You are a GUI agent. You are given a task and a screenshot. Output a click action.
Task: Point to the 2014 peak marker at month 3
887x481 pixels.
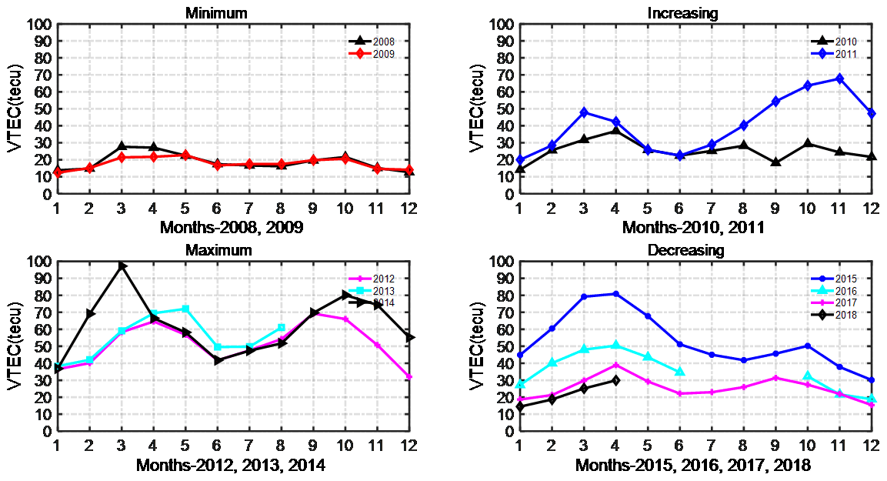pos(122,266)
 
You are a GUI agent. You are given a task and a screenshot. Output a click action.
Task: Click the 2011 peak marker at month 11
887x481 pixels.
pos(839,78)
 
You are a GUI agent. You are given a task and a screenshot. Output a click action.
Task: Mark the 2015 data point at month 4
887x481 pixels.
pos(615,294)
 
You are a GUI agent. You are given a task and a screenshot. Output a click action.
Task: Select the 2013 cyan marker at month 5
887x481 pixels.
pos(185,309)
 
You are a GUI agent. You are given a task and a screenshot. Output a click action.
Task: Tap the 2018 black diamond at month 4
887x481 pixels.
pos(615,380)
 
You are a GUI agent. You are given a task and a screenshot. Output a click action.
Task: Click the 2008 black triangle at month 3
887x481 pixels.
pos(122,146)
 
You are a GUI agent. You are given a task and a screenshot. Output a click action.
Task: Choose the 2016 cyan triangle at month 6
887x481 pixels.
pos(679,372)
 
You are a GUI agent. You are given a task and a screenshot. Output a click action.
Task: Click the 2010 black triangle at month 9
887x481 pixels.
pos(775,162)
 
